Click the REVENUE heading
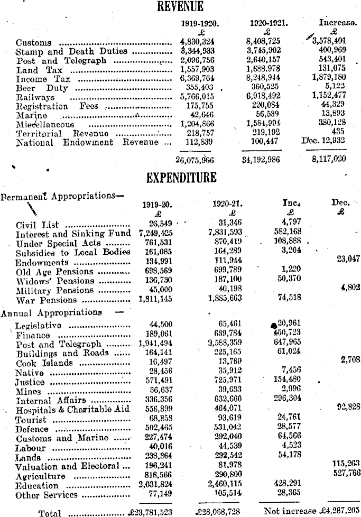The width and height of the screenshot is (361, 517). point(180,6)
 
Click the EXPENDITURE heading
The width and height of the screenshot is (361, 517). point(182,177)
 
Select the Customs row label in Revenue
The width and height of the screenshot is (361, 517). point(34,42)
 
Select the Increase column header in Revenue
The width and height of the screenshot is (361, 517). point(337,23)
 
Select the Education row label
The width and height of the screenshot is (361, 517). point(37,486)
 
